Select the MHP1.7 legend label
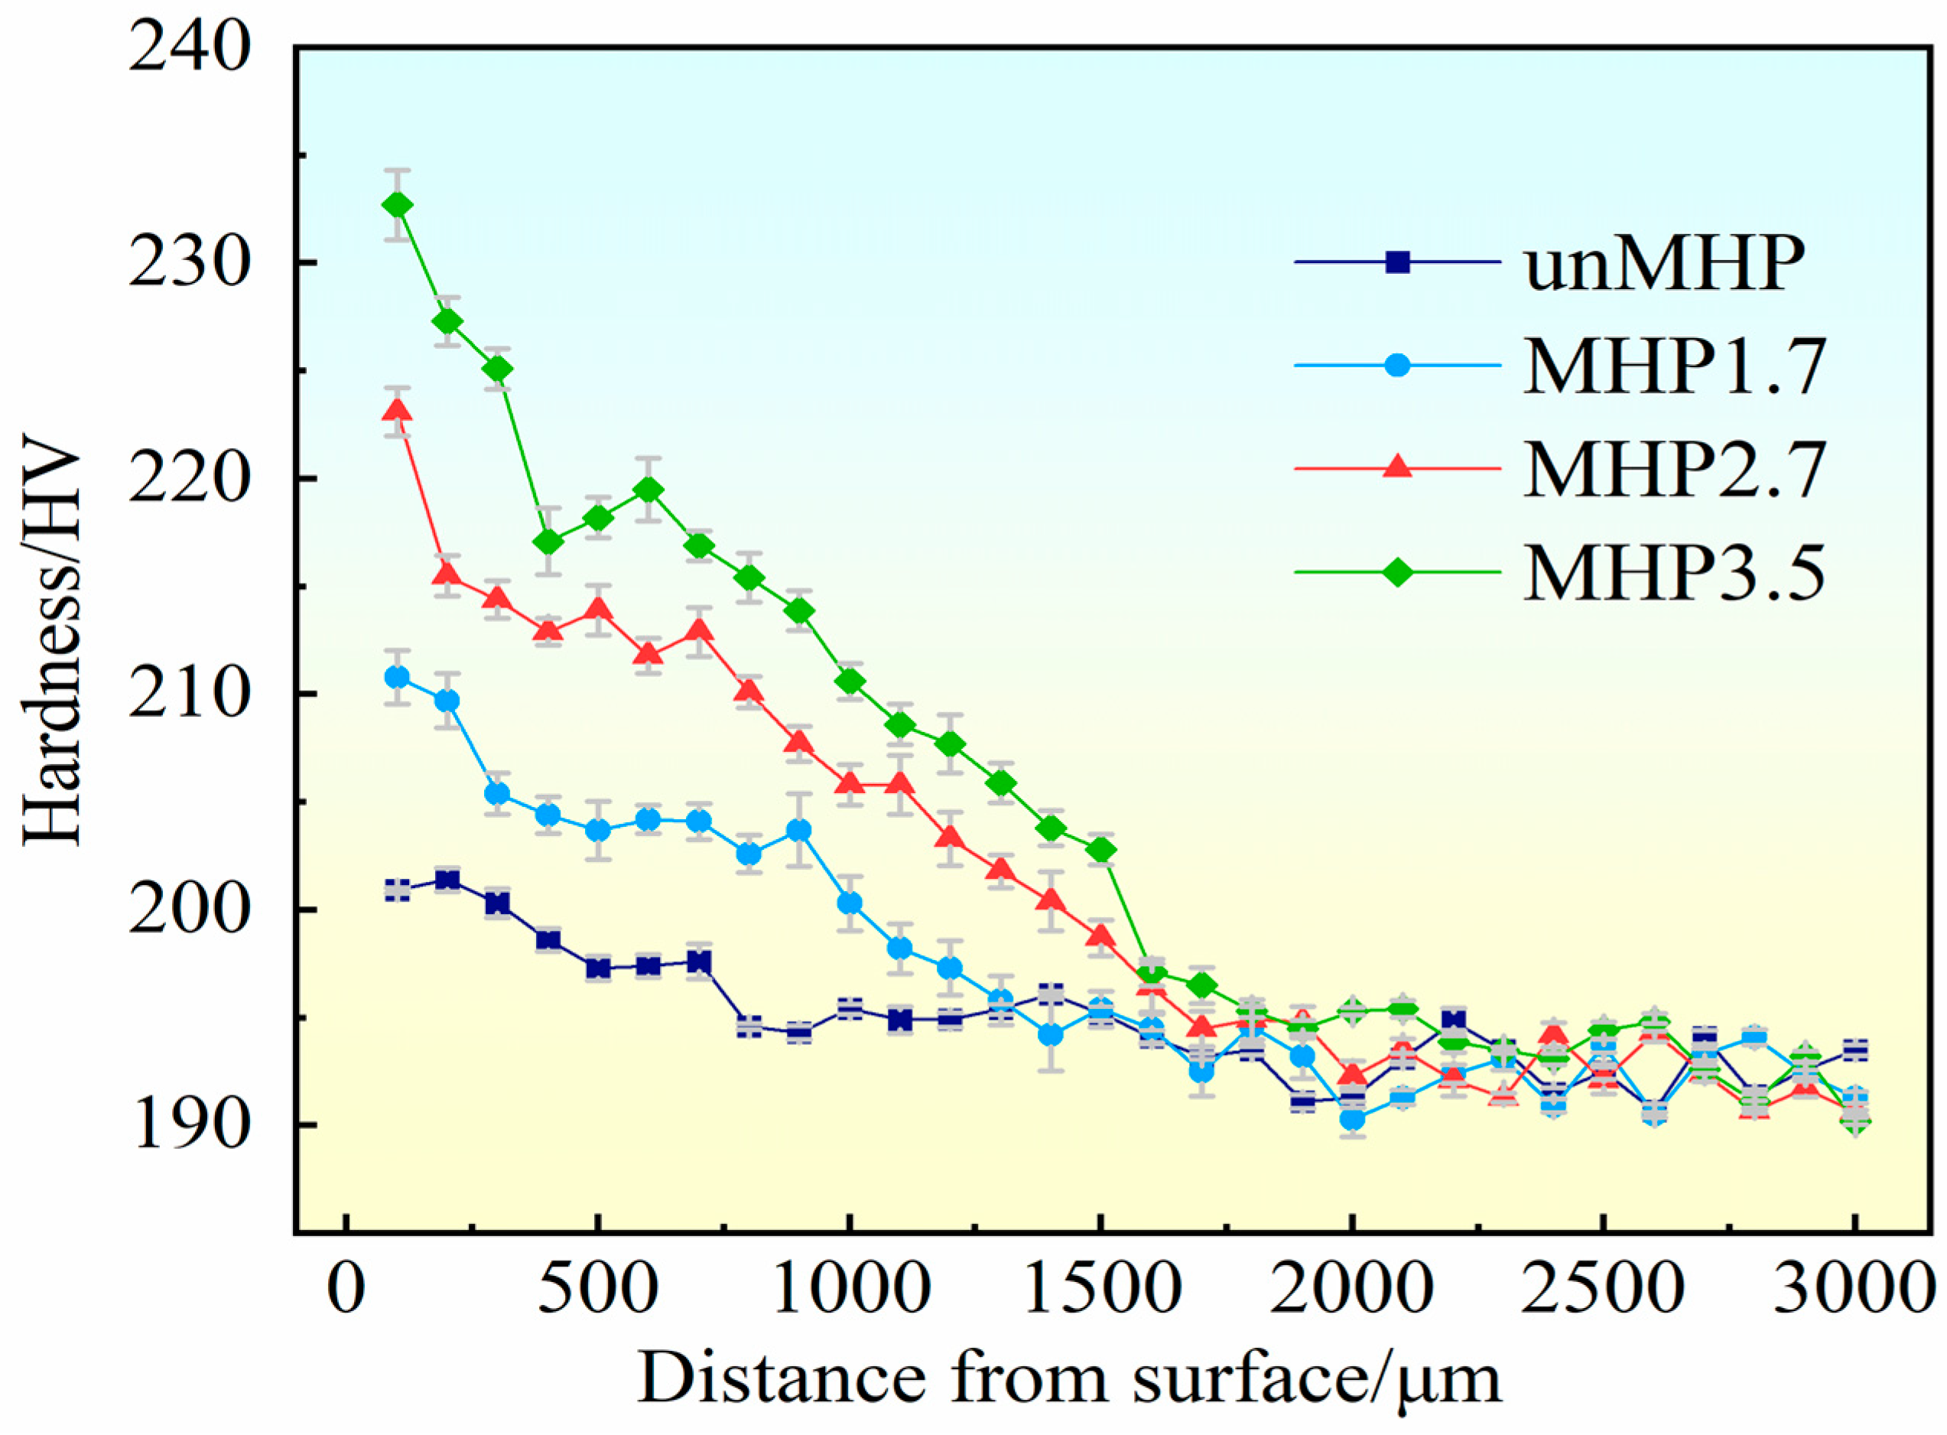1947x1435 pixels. coord(1673,366)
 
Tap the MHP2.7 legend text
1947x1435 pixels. coord(1673,469)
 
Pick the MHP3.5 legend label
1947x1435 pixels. coord(1673,572)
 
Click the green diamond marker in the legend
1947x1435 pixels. coord(1396,572)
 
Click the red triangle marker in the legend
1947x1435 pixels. coord(1396,467)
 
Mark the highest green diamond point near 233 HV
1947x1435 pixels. coord(398,205)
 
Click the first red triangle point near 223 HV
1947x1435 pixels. coord(398,411)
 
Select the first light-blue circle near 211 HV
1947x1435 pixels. coord(398,677)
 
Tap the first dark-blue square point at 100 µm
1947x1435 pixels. coord(398,890)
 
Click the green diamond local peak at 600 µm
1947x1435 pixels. coord(648,491)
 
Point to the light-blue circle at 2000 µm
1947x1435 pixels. coord(1352,1119)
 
